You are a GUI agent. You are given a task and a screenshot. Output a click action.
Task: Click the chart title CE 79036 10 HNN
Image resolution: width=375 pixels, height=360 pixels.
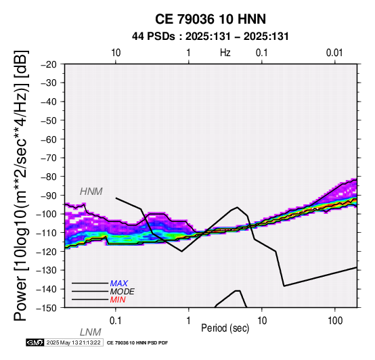tap(211, 19)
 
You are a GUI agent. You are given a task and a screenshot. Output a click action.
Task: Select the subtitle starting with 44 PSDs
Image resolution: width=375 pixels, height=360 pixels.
tap(211, 37)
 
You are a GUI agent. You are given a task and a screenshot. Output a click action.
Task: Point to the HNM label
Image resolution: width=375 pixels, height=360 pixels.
tap(91, 192)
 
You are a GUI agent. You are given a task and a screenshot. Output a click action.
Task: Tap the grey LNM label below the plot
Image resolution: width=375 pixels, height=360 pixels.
tap(91, 332)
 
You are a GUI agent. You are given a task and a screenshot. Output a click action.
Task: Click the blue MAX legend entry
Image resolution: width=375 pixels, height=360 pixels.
tap(119, 284)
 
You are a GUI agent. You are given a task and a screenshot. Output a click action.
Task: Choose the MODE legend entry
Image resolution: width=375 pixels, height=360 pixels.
tap(123, 292)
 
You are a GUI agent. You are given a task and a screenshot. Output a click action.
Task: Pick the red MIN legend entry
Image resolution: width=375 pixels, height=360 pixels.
tap(118, 300)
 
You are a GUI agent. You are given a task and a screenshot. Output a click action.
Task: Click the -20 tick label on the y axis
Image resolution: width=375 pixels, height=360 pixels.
tap(49, 64)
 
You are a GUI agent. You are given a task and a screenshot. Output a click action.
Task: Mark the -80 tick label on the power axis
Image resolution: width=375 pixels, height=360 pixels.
tap(49, 177)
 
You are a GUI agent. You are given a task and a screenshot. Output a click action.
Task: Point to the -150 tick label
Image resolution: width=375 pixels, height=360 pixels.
tap(47, 308)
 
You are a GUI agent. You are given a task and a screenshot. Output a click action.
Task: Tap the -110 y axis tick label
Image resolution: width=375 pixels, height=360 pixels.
tap(47, 233)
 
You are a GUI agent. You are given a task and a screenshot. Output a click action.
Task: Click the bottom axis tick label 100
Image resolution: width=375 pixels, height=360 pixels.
tap(335, 321)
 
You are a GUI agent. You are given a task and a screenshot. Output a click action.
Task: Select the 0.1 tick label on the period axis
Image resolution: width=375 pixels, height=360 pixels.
tap(116, 321)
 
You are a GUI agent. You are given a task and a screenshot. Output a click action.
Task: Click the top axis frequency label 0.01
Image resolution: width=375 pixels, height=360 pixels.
tap(334, 53)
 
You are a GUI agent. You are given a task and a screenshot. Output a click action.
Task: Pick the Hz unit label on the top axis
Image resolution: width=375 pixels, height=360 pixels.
tap(225, 53)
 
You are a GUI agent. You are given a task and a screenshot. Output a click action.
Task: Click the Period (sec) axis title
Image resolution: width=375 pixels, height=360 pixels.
tap(225, 328)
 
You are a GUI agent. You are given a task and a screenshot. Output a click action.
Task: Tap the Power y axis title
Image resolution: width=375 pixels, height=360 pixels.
tap(21, 185)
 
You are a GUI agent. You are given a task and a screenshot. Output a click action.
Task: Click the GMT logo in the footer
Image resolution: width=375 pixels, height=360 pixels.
tap(35, 342)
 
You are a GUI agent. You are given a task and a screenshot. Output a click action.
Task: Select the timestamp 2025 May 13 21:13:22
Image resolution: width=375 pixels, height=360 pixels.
tap(74, 342)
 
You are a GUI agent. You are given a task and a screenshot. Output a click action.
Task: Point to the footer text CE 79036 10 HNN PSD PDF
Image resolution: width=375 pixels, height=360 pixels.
tap(137, 343)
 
